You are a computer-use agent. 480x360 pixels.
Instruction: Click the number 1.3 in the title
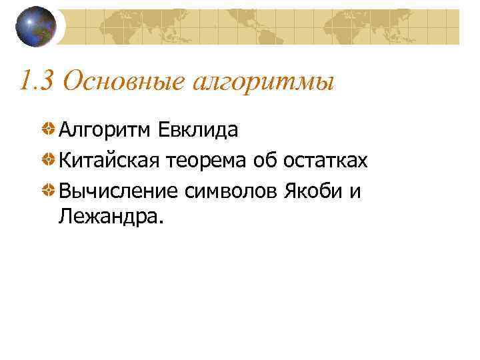35,81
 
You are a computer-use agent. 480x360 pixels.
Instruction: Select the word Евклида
198,130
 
